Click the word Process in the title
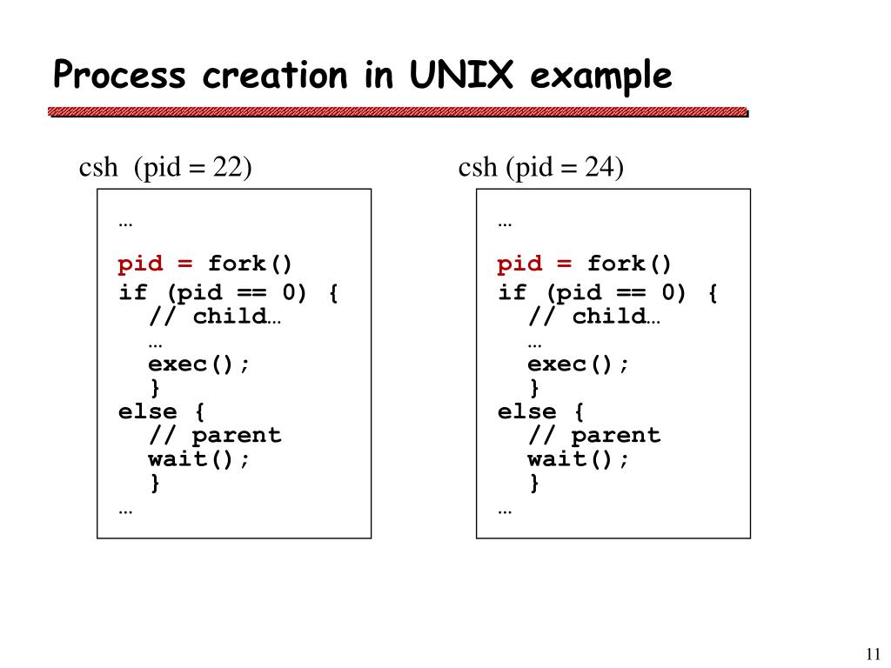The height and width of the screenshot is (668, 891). (119, 76)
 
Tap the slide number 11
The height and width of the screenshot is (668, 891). (874, 654)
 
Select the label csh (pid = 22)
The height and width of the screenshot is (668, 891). (165, 167)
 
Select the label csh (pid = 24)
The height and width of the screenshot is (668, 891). (541, 167)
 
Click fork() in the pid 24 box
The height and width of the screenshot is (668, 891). (631, 264)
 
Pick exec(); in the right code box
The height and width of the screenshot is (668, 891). (578, 364)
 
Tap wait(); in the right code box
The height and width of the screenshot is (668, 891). (578, 459)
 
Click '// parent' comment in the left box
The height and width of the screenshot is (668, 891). (215, 435)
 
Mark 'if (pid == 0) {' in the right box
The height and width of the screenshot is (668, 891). (608, 293)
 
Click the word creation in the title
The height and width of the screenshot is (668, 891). (274, 76)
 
